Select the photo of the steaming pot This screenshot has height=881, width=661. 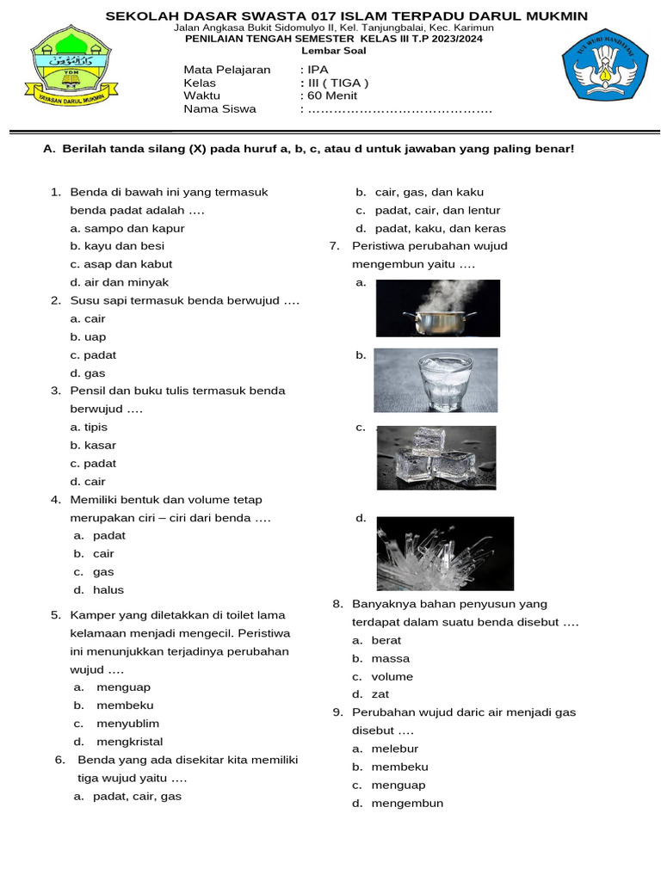(x=437, y=308)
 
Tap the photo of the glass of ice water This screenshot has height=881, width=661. (x=436, y=379)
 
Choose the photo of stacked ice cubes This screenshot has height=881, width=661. (x=436, y=457)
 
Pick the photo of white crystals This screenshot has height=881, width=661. (x=445, y=553)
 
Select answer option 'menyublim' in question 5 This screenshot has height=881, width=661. (x=127, y=724)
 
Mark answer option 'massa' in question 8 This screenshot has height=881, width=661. (x=390, y=659)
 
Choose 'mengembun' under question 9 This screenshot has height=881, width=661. (x=407, y=804)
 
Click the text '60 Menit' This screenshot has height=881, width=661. (x=330, y=96)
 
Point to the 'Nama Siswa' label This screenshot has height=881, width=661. (x=219, y=109)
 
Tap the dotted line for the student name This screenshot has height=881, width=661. (x=400, y=110)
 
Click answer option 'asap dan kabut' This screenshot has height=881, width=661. (x=121, y=264)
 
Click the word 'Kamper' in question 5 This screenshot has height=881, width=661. (x=90, y=615)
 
